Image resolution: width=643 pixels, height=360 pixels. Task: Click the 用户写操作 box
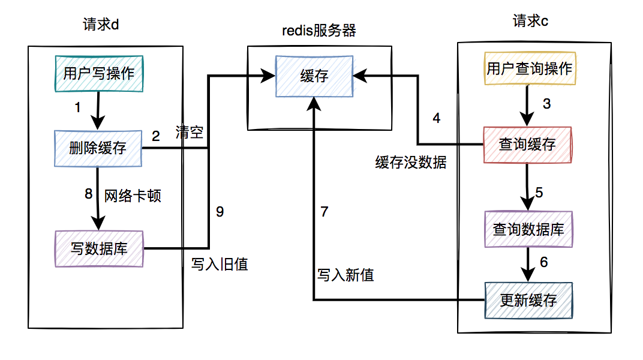click(99, 74)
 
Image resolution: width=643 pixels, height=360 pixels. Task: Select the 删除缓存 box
click(98, 148)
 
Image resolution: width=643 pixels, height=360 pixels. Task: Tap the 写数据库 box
click(99, 248)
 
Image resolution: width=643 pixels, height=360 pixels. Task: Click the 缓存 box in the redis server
click(314, 76)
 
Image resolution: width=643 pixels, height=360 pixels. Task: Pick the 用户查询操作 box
click(529, 68)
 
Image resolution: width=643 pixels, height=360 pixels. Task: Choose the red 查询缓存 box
click(527, 145)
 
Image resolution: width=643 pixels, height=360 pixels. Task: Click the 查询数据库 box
click(528, 229)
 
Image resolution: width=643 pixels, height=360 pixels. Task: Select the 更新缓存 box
click(528, 300)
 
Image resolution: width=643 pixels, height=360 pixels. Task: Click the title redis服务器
click(319, 31)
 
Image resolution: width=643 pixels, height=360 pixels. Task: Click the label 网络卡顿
click(133, 196)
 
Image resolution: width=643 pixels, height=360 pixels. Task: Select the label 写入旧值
click(220, 264)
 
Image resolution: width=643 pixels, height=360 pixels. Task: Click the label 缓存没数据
click(411, 163)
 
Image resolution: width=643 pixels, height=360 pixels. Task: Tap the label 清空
click(189, 133)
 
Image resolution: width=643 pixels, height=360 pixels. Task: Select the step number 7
click(324, 212)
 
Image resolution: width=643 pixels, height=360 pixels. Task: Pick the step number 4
click(437, 118)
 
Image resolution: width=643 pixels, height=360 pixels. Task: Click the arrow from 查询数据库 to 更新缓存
click(528, 264)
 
